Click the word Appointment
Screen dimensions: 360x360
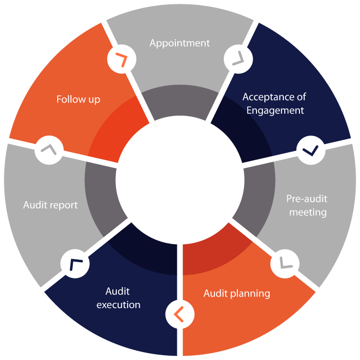click(180, 43)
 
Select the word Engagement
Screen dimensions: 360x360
click(275, 111)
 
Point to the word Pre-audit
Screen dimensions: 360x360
click(307, 199)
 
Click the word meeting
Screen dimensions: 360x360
click(308, 212)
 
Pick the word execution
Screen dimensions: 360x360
click(118, 305)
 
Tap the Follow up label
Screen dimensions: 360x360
click(78, 100)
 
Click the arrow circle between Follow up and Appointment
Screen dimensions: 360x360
click(122, 59)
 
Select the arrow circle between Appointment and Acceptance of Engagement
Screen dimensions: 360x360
click(238, 59)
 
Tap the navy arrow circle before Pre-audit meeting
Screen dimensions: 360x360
click(311, 150)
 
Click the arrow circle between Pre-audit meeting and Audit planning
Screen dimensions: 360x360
click(285, 264)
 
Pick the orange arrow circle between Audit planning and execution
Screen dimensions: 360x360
click(180, 314)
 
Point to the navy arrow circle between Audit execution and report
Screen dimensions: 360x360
click(75, 264)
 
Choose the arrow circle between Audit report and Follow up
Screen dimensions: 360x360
click(49, 150)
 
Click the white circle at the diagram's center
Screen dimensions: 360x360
click(180, 180)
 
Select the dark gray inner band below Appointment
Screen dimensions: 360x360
click(180, 101)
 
